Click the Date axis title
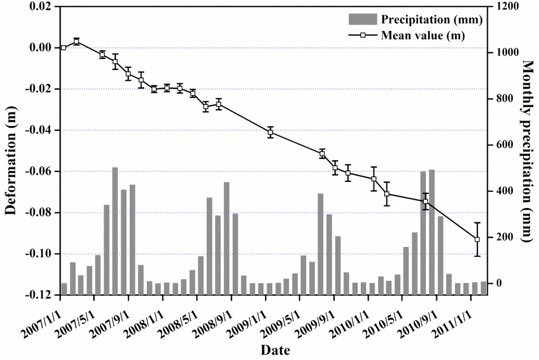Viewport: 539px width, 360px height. click(275, 349)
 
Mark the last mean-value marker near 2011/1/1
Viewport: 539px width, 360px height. click(477, 239)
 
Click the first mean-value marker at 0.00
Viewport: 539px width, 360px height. click(63, 47)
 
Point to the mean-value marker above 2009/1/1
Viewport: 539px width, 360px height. click(271, 132)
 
